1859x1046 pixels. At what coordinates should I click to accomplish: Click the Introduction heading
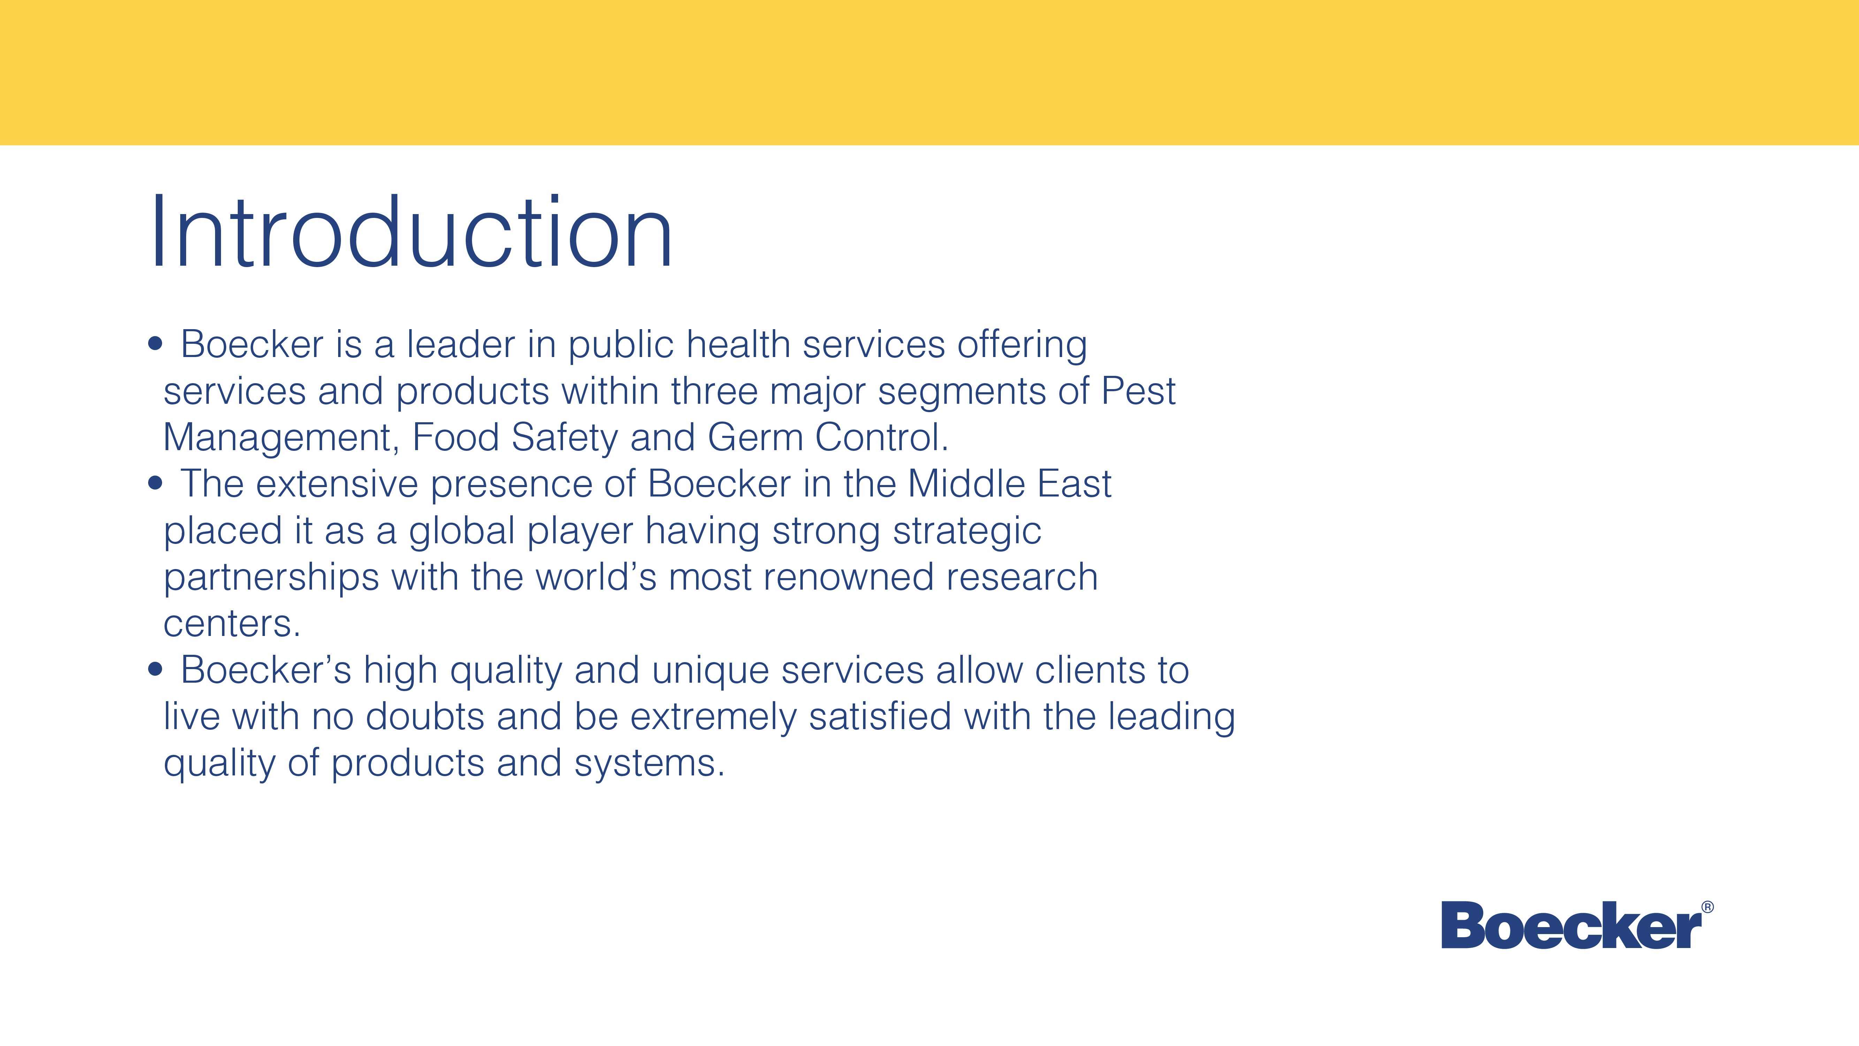pyautogui.click(x=411, y=233)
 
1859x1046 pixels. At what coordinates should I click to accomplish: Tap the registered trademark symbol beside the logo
pyautogui.click(x=1707, y=907)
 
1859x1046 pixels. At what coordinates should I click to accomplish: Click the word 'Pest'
pyautogui.click(x=1138, y=391)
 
